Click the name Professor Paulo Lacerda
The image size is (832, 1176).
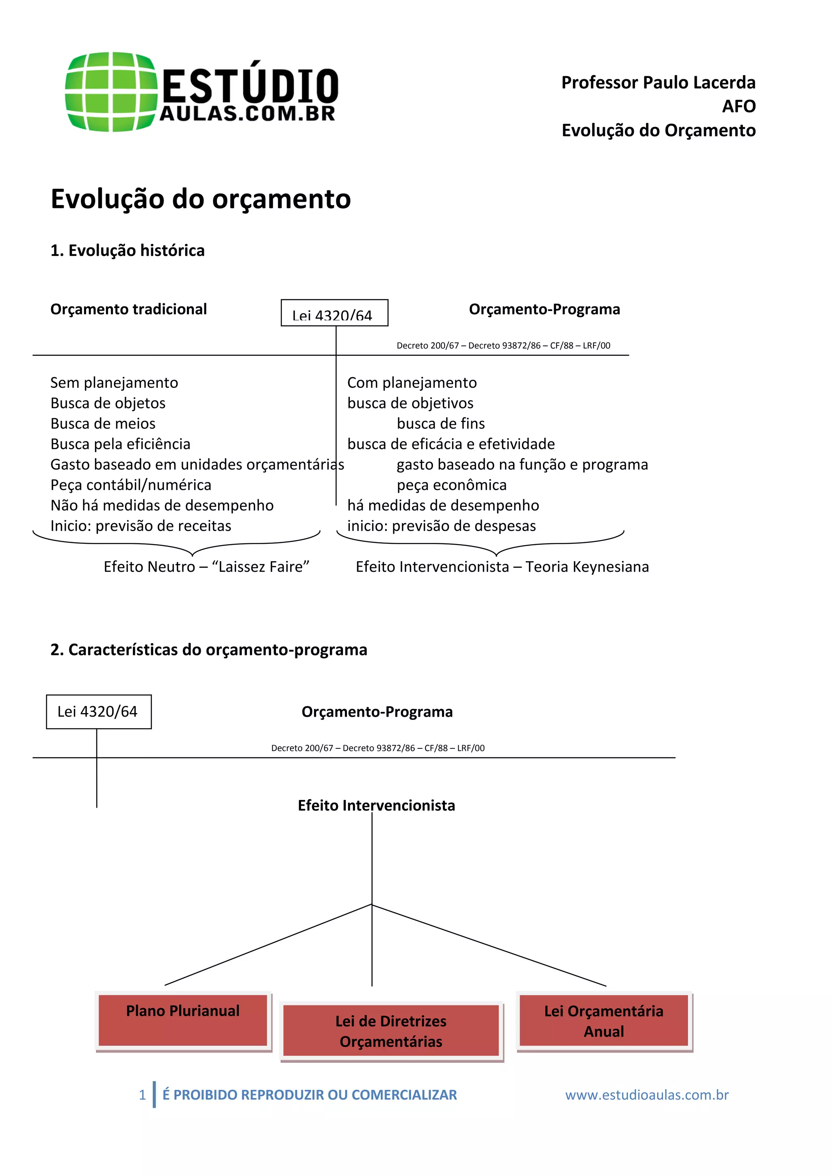[658, 82]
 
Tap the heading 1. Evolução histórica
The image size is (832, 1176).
[127, 251]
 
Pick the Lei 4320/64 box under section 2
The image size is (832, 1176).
[98, 711]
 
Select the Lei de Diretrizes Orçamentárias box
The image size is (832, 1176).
[391, 1031]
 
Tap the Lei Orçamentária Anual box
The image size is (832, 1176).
[604, 1020]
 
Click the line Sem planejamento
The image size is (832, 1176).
[114, 383]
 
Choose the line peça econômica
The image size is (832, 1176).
[451, 485]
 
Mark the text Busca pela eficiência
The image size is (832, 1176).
[120, 444]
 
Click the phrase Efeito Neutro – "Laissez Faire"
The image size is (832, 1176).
[206, 567]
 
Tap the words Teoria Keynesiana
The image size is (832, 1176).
[587, 567]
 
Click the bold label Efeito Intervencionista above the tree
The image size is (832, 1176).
[376, 805]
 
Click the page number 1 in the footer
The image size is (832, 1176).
[143, 1095]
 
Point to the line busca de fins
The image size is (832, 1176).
[441, 424]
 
